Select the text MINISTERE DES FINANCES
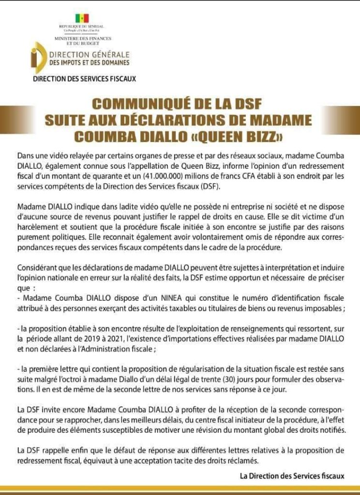(x=83, y=38)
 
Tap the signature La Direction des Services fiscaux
(x=292, y=476)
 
